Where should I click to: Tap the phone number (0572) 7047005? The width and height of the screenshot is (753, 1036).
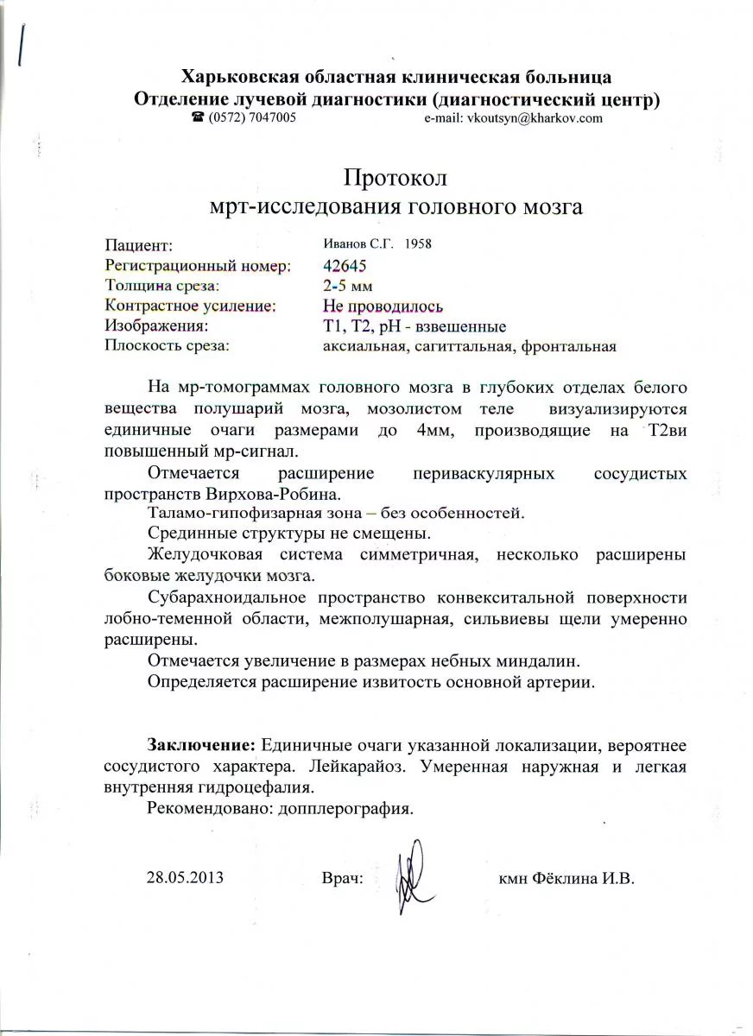[250, 118]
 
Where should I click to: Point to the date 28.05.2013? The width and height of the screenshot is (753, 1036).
[185, 878]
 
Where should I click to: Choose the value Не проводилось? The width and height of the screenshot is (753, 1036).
[383, 306]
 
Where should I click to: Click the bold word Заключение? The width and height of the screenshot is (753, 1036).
[201, 744]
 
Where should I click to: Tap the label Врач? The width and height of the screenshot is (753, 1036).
[341, 879]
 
